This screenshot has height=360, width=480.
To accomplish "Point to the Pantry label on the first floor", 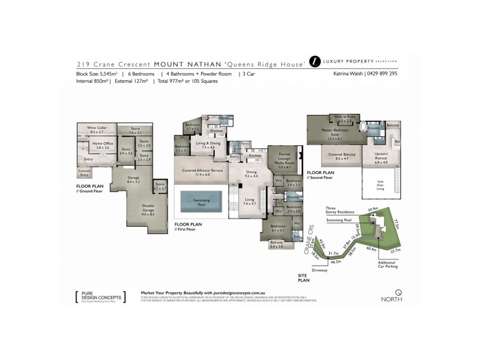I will click(245, 144).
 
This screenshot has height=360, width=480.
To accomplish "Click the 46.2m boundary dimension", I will click(335, 262).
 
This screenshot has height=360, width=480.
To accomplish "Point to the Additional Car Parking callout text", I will click(386, 266).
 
